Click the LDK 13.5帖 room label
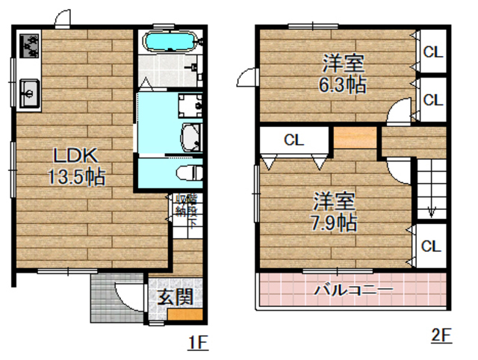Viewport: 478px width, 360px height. (72, 167)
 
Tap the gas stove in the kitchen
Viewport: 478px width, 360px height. (29, 47)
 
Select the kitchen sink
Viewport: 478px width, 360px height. (28, 93)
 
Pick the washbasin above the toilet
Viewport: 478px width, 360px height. (192, 137)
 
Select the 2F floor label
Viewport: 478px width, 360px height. (442, 336)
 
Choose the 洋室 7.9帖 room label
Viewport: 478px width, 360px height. (334, 211)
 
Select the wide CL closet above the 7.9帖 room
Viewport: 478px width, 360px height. (293, 139)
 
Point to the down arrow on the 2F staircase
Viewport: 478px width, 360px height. (430, 210)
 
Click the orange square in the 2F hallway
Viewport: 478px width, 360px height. (355, 139)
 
